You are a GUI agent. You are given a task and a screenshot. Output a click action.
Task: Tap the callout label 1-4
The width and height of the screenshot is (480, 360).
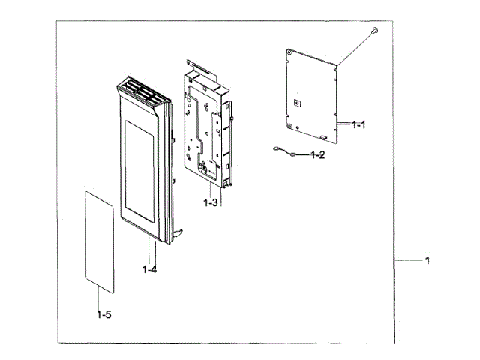(150, 268)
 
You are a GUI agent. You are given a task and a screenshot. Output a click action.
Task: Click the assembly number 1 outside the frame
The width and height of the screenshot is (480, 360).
(427, 261)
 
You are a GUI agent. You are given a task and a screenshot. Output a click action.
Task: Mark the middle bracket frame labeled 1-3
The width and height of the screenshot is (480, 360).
(206, 120)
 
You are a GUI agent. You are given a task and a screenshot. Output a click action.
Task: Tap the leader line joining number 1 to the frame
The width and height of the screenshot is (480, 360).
(405, 261)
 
